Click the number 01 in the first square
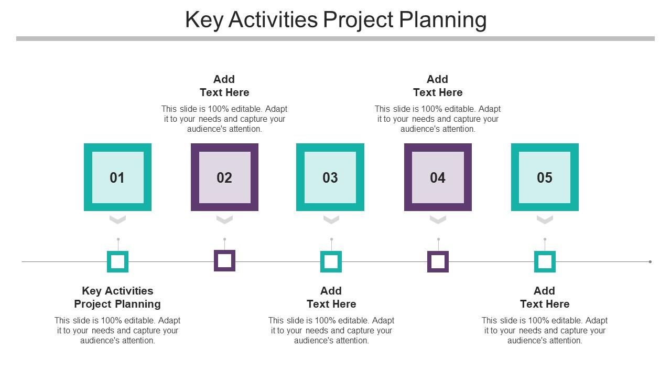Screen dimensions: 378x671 [x=117, y=178]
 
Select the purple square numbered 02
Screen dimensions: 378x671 [x=224, y=177]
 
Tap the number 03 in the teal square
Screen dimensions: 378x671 [x=330, y=178]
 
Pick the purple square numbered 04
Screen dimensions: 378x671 [x=438, y=177]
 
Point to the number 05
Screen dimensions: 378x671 [x=545, y=178]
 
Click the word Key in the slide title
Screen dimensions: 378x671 [x=203, y=20]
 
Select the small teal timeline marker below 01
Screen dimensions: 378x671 [x=117, y=261]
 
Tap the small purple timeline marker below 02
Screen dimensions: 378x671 [x=224, y=261]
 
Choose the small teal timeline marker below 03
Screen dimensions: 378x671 [x=331, y=261]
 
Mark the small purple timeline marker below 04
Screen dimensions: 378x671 [x=438, y=261]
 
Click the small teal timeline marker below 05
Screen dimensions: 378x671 [x=545, y=261]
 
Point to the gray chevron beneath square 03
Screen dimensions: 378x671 [x=331, y=219]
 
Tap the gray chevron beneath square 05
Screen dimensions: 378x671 [x=545, y=219]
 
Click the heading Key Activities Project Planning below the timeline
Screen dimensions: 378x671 [x=117, y=297]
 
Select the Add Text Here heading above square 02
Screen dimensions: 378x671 [x=224, y=86]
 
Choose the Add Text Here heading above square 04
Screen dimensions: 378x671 [x=438, y=86]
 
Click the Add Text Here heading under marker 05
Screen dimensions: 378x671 [x=545, y=297]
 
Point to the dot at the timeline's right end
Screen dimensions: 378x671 [x=650, y=261]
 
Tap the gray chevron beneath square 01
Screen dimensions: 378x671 [x=118, y=219]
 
